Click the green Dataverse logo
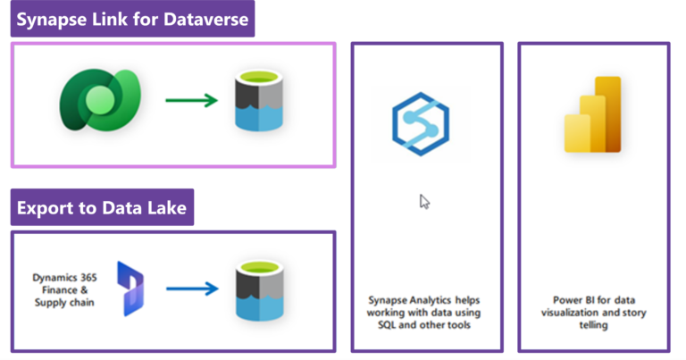pyautogui.click(x=100, y=100)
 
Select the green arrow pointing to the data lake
pyautogui.click(x=192, y=100)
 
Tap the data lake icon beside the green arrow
pyautogui.click(x=258, y=101)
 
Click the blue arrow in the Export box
pyautogui.click(x=192, y=289)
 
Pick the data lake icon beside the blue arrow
pyautogui.click(x=259, y=290)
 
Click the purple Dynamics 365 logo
pyautogui.click(x=130, y=289)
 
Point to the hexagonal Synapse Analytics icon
pyautogui.click(x=421, y=124)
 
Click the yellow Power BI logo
pyautogui.click(x=593, y=114)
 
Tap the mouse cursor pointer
pyautogui.click(x=424, y=202)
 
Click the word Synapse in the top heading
pyautogui.click(x=51, y=20)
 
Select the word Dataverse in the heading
pyautogui.click(x=205, y=20)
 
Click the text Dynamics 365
pyautogui.click(x=64, y=277)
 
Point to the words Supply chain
pyautogui.click(x=64, y=303)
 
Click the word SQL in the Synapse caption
pyautogui.click(x=387, y=325)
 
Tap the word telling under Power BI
pyautogui.click(x=593, y=325)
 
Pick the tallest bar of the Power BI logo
pyautogui.click(x=607, y=114)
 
